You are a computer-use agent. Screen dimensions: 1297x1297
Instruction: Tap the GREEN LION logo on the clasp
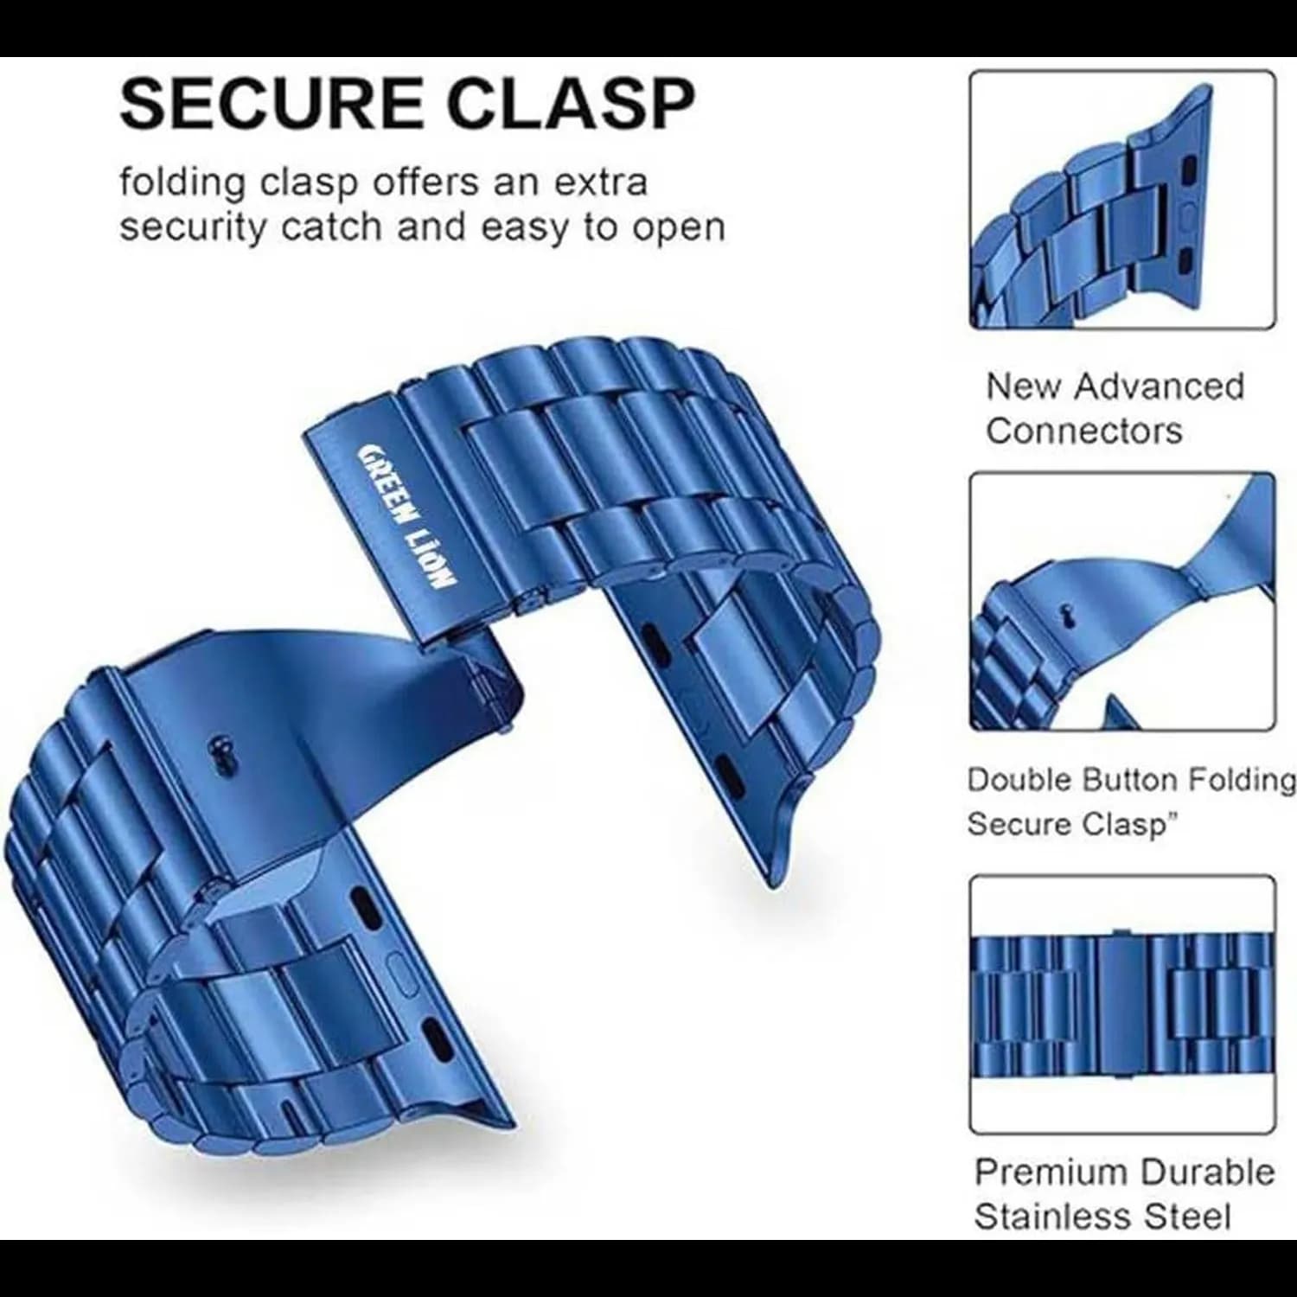[x=406, y=516]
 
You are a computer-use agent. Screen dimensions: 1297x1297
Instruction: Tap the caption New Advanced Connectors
[x=1115, y=408]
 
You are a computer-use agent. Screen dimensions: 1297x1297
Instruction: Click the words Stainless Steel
[x=1102, y=1217]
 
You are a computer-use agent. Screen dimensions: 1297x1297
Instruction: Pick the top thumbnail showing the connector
[x=1122, y=200]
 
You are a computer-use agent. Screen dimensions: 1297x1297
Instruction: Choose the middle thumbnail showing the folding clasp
[x=1122, y=601]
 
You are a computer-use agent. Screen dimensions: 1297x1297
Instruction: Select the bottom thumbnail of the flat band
[x=1122, y=1005]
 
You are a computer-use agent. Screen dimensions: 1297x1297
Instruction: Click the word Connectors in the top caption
[x=1083, y=431]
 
